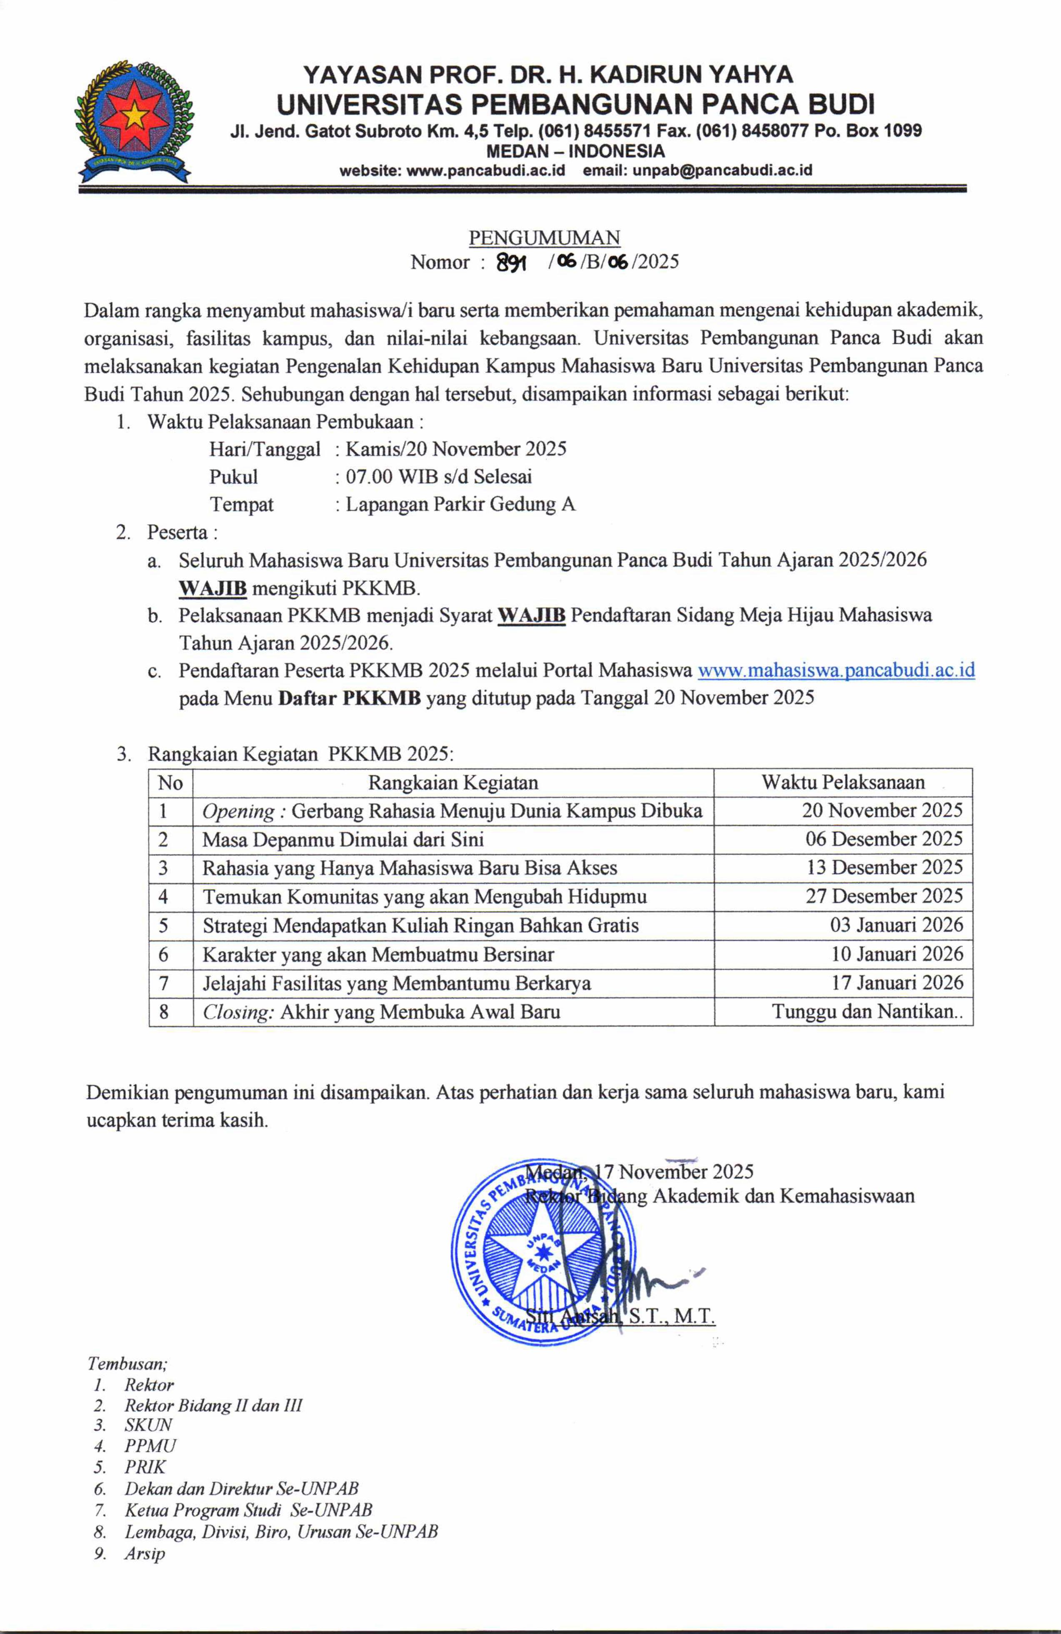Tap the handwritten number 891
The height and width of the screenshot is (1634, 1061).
point(511,262)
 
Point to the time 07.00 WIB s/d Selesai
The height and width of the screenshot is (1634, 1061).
point(439,476)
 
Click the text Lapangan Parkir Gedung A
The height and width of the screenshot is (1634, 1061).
point(460,505)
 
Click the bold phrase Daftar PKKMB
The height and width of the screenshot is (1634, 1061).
point(350,698)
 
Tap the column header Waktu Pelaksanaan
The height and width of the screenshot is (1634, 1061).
point(843,783)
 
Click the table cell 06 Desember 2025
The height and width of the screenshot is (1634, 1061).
point(884,839)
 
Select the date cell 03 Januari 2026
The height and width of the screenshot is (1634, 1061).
point(896,925)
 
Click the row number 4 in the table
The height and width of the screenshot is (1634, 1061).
point(163,897)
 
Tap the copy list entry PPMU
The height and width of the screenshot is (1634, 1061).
point(150,1446)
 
